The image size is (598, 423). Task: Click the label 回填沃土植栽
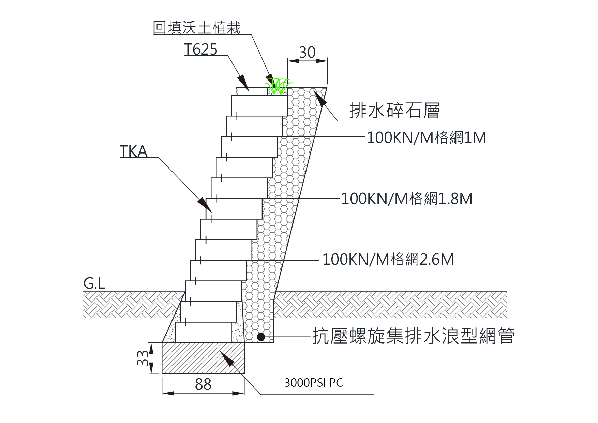(197, 28)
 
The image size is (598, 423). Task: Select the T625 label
(200, 49)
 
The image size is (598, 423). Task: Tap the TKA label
(133, 151)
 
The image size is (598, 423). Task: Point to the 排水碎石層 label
(394, 111)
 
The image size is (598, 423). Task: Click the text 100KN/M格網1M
(426, 138)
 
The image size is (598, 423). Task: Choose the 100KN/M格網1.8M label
(407, 199)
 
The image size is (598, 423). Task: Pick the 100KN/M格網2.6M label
(388, 260)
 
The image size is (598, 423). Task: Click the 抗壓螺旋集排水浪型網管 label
(413, 336)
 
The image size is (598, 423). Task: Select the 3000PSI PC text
(313, 383)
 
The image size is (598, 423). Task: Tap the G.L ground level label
(94, 283)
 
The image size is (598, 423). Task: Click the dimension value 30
(307, 53)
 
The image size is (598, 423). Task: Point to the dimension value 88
(203, 384)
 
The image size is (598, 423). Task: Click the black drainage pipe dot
(261, 337)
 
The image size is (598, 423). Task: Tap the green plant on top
(279, 85)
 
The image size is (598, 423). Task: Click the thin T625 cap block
(252, 91)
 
